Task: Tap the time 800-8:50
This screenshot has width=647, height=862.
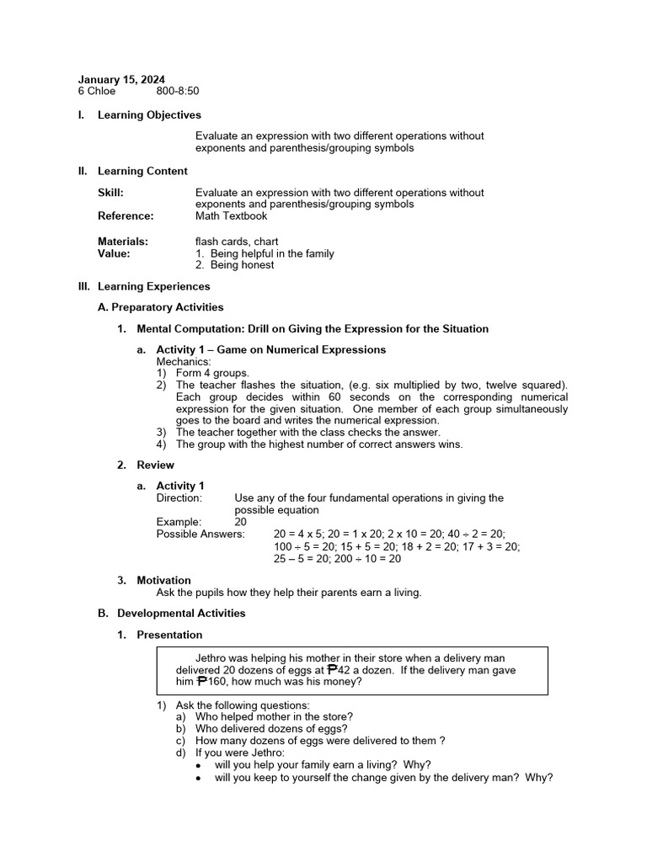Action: point(178,92)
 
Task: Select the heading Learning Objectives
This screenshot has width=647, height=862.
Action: point(149,115)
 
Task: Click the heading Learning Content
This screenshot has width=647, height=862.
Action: point(142,172)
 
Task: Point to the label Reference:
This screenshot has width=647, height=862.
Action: point(126,216)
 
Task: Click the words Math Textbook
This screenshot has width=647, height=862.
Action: point(231,216)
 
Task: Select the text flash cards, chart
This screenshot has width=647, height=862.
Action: point(237,242)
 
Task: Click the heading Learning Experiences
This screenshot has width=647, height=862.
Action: point(153,287)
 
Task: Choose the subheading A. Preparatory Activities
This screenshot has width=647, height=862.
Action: point(161,308)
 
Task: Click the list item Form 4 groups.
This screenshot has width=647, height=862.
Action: point(212,373)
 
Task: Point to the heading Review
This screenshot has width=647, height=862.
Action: point(156,466)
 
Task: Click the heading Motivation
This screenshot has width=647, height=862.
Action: point(163,581)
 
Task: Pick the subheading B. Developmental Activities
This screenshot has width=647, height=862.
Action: point(172,614)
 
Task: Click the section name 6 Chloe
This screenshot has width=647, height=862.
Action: point(97,92)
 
